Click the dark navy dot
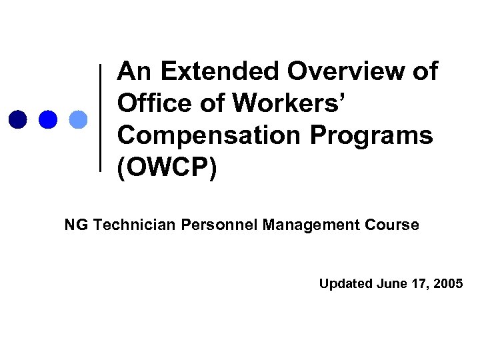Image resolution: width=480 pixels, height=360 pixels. coord(17,119)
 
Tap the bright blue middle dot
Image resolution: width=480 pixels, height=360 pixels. coord(48,119)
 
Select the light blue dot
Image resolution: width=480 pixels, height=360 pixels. coord(79,119)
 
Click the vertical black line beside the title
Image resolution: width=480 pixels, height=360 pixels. coord(101,117)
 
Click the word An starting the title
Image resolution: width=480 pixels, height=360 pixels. coord(135,72)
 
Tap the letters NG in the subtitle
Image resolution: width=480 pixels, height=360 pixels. coord(76,225)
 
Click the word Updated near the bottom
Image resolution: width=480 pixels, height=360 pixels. coord(345,284)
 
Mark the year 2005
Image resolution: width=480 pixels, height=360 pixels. coord(449,284)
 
